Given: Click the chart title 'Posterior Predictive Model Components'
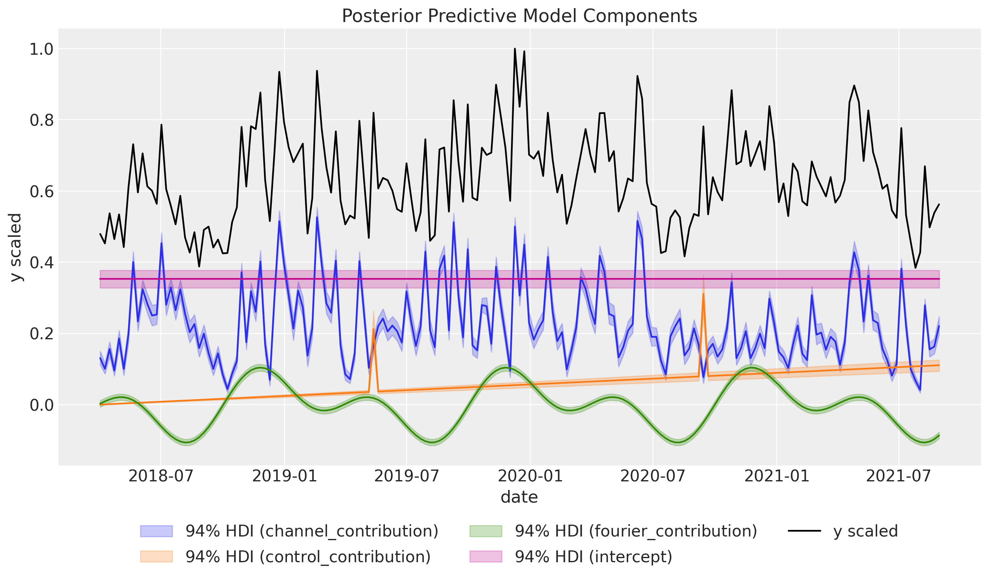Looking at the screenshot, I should pyautogui.click(x=519, y=16).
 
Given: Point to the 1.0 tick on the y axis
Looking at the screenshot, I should pyautogui.click(x=42, y=49).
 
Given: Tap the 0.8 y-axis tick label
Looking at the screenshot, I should pyautogui.click(x=42, y=120).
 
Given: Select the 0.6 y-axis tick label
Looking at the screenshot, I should pyautogui.click(x=42, y=191).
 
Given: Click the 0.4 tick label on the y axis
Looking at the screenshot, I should pyautogui.click(x=42, y=263).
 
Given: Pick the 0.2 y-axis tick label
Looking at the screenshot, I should pyautogui.click(x=42, y=334).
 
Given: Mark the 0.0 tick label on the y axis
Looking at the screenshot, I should pyautogui.click(x=42, y=405).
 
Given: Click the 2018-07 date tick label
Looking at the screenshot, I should pyautogui.click(x=161, y=476).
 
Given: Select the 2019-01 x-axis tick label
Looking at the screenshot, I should pyautogui.click(x=284, y=476).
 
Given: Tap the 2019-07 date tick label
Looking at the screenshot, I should pyautogui.click(x=407, y=476).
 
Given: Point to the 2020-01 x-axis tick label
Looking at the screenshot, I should pyautogui.click(x=530, y=476).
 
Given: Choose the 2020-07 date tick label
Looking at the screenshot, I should pyautogui.click(x=653, y=476).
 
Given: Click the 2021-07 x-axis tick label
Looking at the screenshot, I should pyautogui.click(x=898, y=476).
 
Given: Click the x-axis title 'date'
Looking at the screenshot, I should pyautogui.click(x=519, y=497).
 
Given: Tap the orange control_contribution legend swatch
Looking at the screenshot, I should pyautogui.click(x=156, y=557).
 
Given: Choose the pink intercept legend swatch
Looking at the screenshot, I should pyautogui.click(x=486, y=557).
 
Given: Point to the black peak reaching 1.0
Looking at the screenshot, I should pyautogui.click(x=515, y=49).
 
